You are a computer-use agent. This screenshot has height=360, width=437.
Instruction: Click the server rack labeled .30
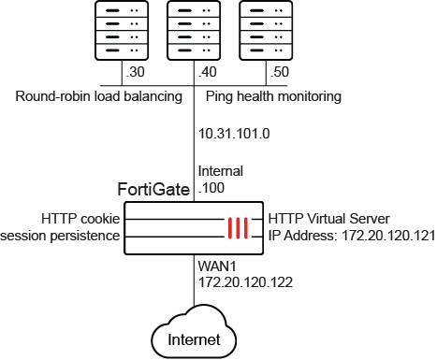point(122,30)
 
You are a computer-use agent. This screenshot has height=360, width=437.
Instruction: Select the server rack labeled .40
point(194,30)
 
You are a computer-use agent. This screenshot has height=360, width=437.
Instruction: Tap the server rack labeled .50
point(266,30)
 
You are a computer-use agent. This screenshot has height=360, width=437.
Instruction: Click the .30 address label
point(135,72)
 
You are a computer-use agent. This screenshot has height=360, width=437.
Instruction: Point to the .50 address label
point(280,72)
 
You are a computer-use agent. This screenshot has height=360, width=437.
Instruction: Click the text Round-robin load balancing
point(98,96)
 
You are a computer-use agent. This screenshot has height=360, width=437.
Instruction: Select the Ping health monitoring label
point(273,96)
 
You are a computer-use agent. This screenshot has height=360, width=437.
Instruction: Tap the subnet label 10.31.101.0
point(234,134)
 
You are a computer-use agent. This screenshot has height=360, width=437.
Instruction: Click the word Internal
point(221,171)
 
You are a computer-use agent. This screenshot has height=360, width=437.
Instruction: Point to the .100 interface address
point(211,188)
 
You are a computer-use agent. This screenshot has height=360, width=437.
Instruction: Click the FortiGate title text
point(153,189)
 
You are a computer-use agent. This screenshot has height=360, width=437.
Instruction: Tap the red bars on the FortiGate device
point(238,228)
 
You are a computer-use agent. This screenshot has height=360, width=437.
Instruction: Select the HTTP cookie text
point(80,219)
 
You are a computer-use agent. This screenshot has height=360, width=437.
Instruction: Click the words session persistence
point(60,236)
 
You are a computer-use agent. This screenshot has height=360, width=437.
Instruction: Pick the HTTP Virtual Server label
point(329,219)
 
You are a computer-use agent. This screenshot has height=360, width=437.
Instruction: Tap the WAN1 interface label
point(217,266)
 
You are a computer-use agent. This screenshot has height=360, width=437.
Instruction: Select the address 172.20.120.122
point(245,282)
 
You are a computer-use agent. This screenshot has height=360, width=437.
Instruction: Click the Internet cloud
point(194,332)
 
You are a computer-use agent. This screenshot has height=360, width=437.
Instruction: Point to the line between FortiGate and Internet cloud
point(194,281)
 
